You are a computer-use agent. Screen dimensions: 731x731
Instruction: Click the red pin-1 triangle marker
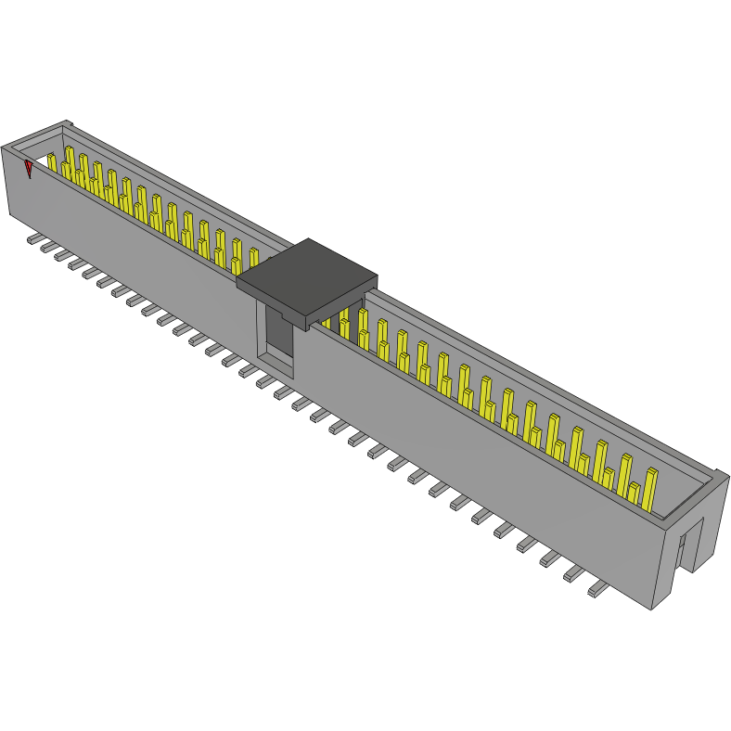29,169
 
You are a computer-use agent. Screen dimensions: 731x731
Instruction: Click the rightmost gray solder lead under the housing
596,590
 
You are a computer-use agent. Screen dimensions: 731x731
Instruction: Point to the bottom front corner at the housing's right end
652,609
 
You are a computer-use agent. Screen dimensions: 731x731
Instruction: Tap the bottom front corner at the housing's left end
10,215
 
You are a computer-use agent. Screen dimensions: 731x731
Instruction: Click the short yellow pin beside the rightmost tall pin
633,495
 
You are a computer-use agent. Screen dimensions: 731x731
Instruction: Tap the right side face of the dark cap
342,299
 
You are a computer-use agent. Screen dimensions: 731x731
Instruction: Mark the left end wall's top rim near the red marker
19,149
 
